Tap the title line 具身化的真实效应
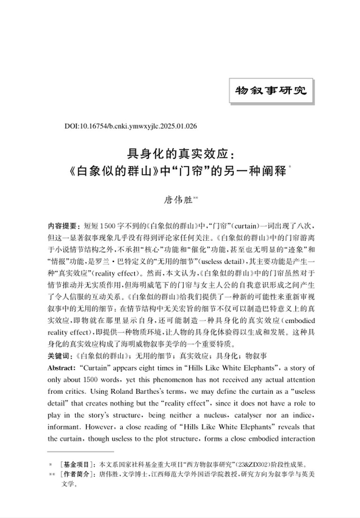(180, 154)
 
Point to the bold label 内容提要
(63, 225)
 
